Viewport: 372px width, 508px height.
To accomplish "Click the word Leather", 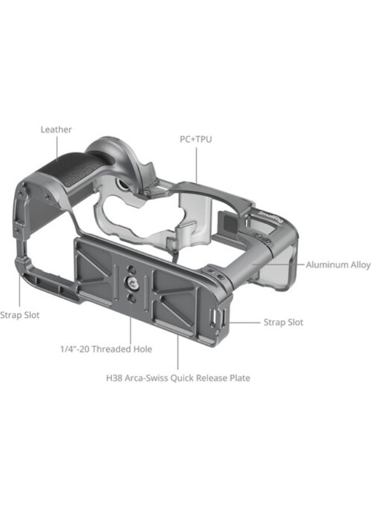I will click(56, 130).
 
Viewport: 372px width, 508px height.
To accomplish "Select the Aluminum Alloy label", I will click(338, 264).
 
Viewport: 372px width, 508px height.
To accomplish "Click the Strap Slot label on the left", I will click(20, 315).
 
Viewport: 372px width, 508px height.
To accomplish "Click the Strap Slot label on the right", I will click(283, 323).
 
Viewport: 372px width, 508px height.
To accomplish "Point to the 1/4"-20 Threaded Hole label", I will click(106, 349).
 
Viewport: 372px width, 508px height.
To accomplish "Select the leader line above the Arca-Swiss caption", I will click(178, 350).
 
